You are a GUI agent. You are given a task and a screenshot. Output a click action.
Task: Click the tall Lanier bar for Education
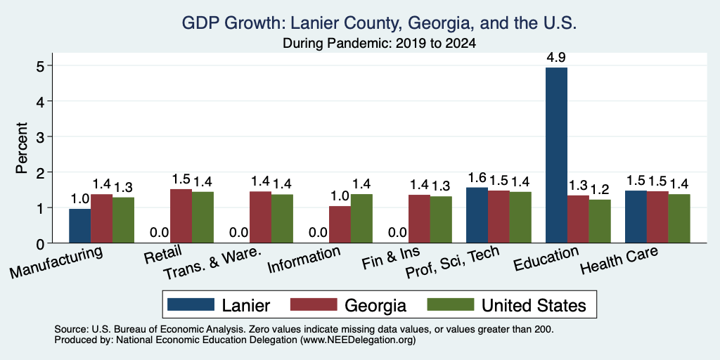tap(556, 155)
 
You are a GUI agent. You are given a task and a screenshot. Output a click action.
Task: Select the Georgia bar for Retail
tap(181, 216)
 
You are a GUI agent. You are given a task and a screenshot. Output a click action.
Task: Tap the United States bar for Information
tap(362, 219)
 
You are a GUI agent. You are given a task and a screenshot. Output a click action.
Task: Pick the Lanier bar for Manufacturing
tap(80, 226)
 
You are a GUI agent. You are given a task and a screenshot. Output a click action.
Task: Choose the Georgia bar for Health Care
tap(657, 217)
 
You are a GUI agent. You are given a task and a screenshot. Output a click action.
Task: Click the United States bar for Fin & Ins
tap(441, 219)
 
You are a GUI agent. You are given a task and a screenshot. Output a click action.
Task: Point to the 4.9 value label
tap(556, 58)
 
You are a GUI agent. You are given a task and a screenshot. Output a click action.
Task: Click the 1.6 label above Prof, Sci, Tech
tap(477, 177)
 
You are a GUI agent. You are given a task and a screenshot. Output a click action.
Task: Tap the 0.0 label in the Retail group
tap(160, 233)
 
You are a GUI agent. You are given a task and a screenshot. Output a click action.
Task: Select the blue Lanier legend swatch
tap(191, 304)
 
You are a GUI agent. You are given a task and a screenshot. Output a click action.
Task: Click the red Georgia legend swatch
tap(314, 304)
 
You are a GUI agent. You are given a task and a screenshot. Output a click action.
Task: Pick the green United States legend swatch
tap(451, 304)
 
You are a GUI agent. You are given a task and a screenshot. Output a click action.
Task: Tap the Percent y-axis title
tap(22, 148)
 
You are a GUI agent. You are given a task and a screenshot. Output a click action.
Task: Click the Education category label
tap(546, 258)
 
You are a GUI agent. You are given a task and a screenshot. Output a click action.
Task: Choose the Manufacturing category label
tap(56, 262)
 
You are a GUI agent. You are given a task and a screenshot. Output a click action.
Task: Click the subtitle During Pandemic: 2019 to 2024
tap(379, 44)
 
